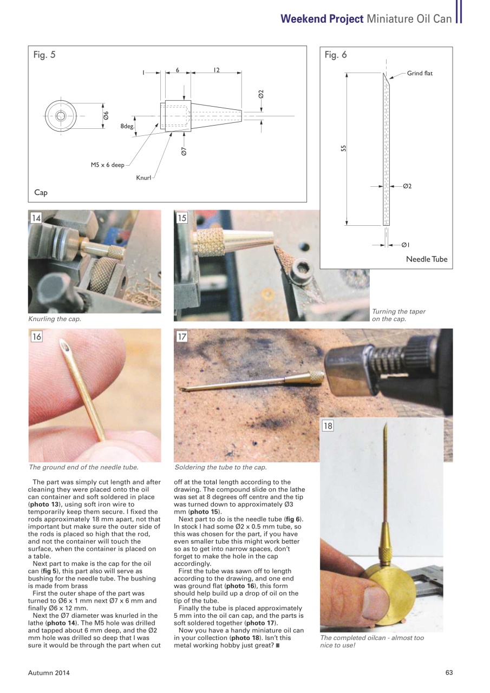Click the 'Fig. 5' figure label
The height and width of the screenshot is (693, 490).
pyautogui.click(x=44, y=55)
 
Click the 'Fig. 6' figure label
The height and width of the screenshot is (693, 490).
pyautogui.click(x=336, y=55)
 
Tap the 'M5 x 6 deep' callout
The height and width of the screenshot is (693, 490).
pyautogui.click(x=107, y=165)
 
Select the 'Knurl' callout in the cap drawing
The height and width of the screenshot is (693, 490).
pyautogui.click(x=143, y=178)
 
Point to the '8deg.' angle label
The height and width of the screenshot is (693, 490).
pyautogui.click(x=127, y=126)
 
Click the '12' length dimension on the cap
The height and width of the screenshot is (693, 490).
pyautogui.click(x=216, y=70)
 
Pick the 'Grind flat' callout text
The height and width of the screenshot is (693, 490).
pyautogui.click(x=420, y=73)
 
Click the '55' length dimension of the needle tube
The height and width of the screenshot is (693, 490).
pyautogui.click(x=344, y=148)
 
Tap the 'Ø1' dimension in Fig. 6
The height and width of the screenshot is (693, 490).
pyautogui.click(x=406, y=245)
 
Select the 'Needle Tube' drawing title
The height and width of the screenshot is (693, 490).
pyautogui.click(x=427, y=259)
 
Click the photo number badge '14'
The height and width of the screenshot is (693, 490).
pyautogui.click(x=36, y=218)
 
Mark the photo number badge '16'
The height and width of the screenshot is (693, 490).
pyautogui.click(x=36, y=336)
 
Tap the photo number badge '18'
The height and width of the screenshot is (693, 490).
pyautogui.click(x=328, y=426)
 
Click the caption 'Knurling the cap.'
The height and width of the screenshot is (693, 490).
pyautogui.click(x=55, y=319)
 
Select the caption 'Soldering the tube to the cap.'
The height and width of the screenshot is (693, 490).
pyautogui.click(x=220, y=467)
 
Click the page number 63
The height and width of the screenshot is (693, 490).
pyautogui.click(x=449, y=672)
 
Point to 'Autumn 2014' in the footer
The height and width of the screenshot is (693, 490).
pyautogui.click(x=49, y=672)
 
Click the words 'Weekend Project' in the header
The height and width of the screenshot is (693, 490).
pyautogui.click(x=322, y=19)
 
